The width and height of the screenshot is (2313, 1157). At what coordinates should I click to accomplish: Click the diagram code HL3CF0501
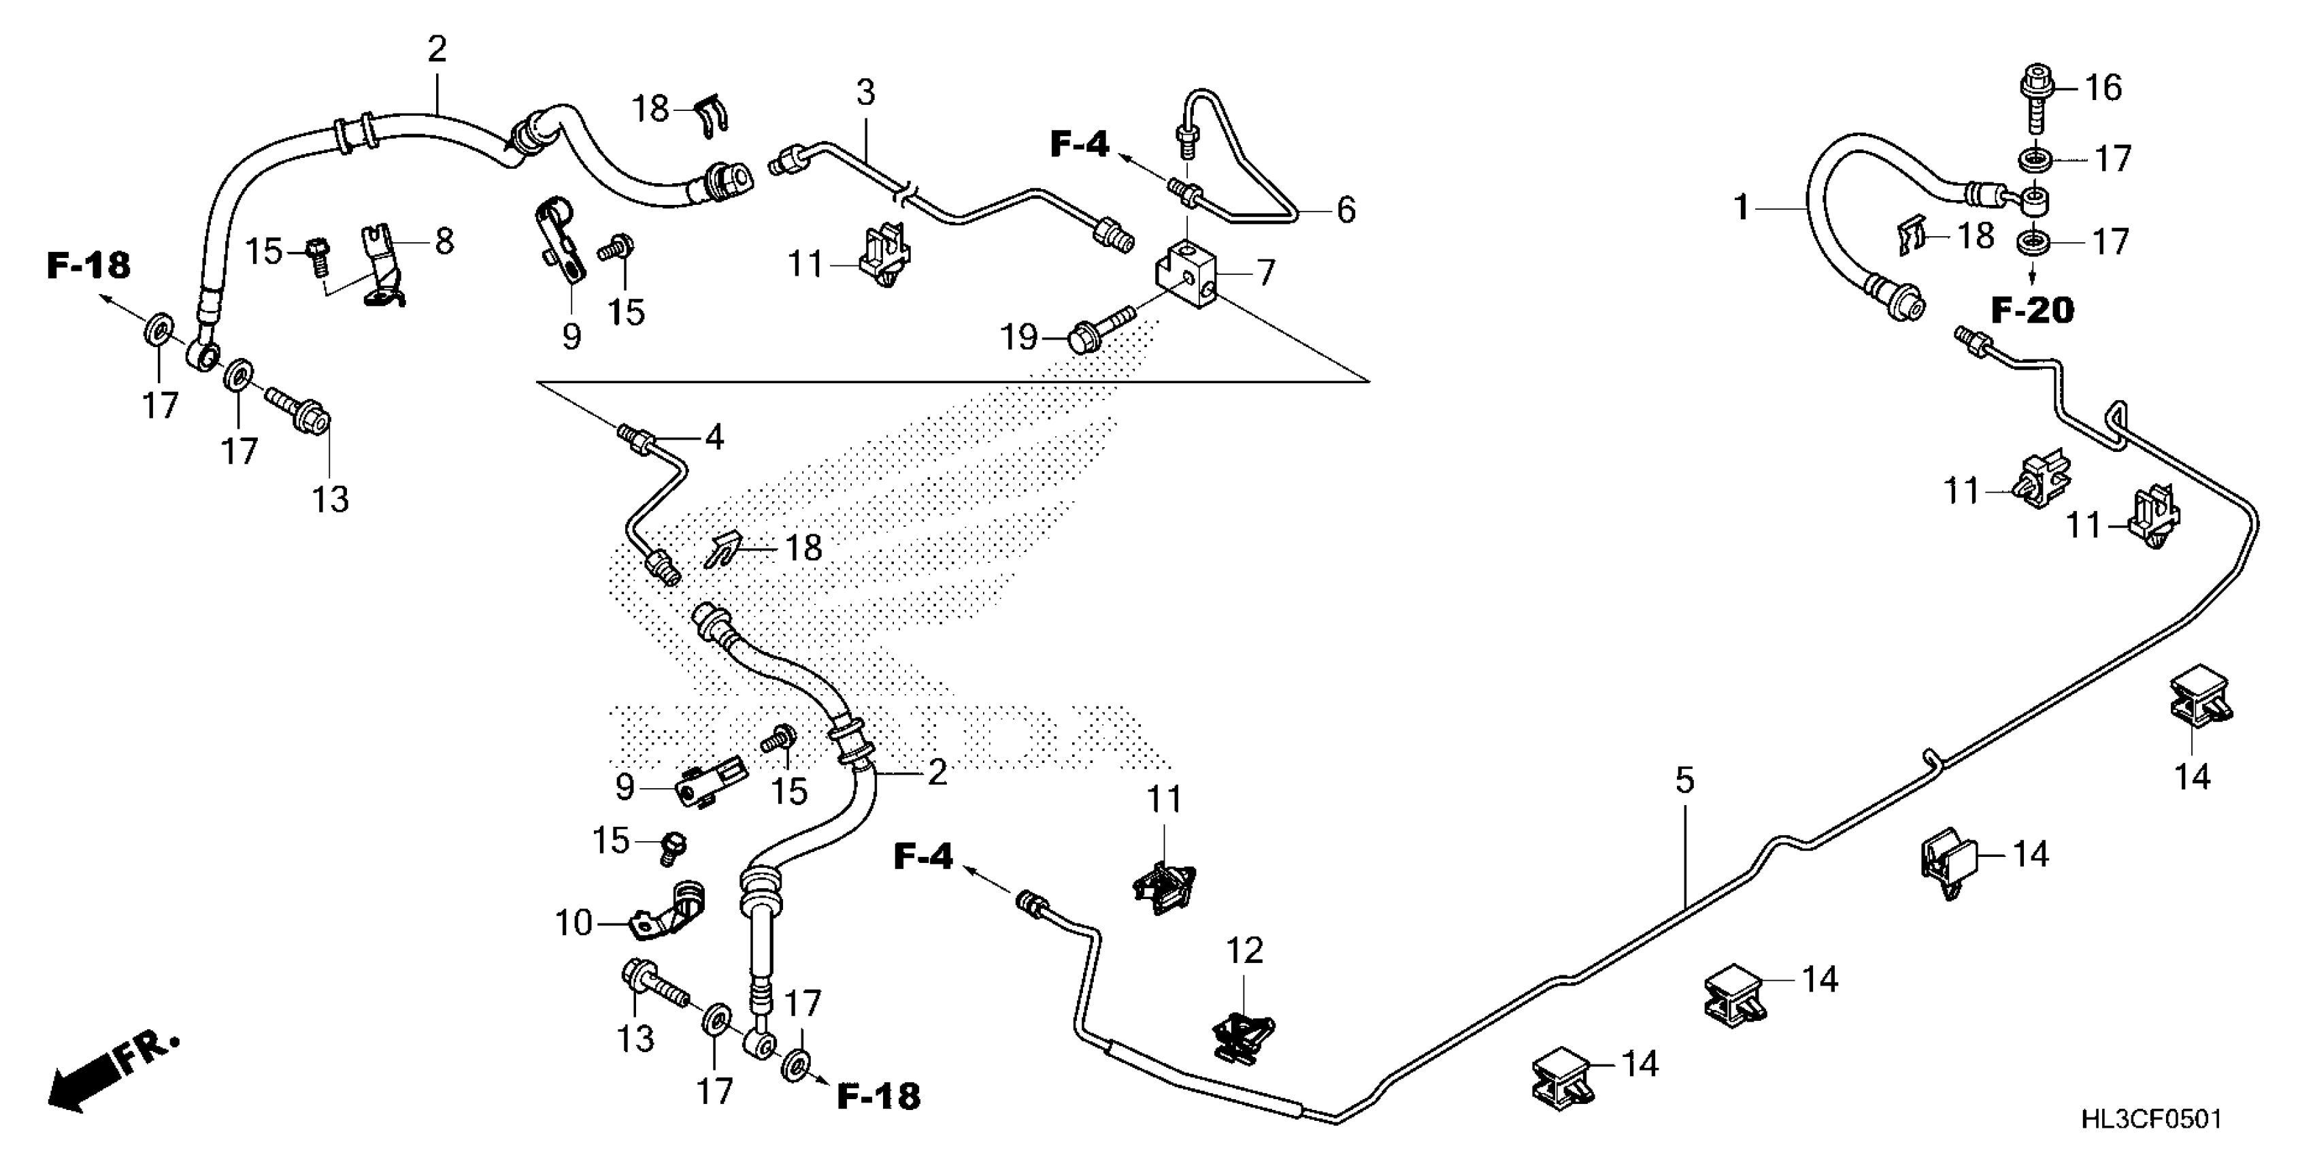(x=2151, y=1120)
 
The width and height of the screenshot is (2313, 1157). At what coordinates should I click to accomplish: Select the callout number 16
(x=2103, y=88)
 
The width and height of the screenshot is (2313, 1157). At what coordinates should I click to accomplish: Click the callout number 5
(x=1684, y=781)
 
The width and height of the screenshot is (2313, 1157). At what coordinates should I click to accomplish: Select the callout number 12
(x=1244, y=950)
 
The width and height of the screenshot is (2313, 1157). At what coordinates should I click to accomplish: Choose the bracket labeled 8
(x=384, y=270)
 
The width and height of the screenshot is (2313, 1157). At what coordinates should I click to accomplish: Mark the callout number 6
(x=1345, y=210)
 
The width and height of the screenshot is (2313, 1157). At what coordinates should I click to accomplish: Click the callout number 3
(x=865, y=92)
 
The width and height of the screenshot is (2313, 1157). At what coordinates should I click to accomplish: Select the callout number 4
(x=714, y=438)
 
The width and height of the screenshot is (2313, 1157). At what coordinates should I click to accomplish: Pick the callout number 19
(x=1019, y=338)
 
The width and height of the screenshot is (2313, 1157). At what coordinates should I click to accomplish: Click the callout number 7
(x=1265, y=273)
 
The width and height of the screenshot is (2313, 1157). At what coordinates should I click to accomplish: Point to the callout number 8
(x=444, y=241)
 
